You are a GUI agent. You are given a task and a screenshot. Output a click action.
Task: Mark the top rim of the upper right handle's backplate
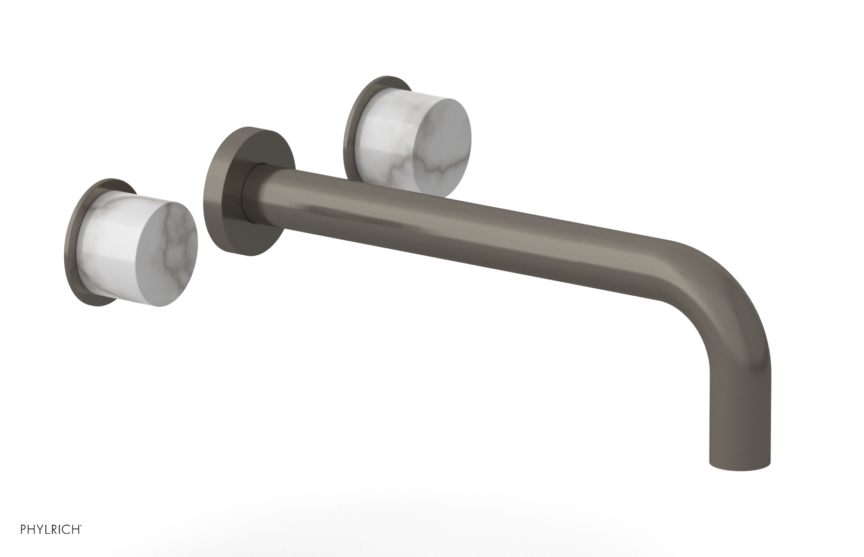(x=386, y=79)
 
